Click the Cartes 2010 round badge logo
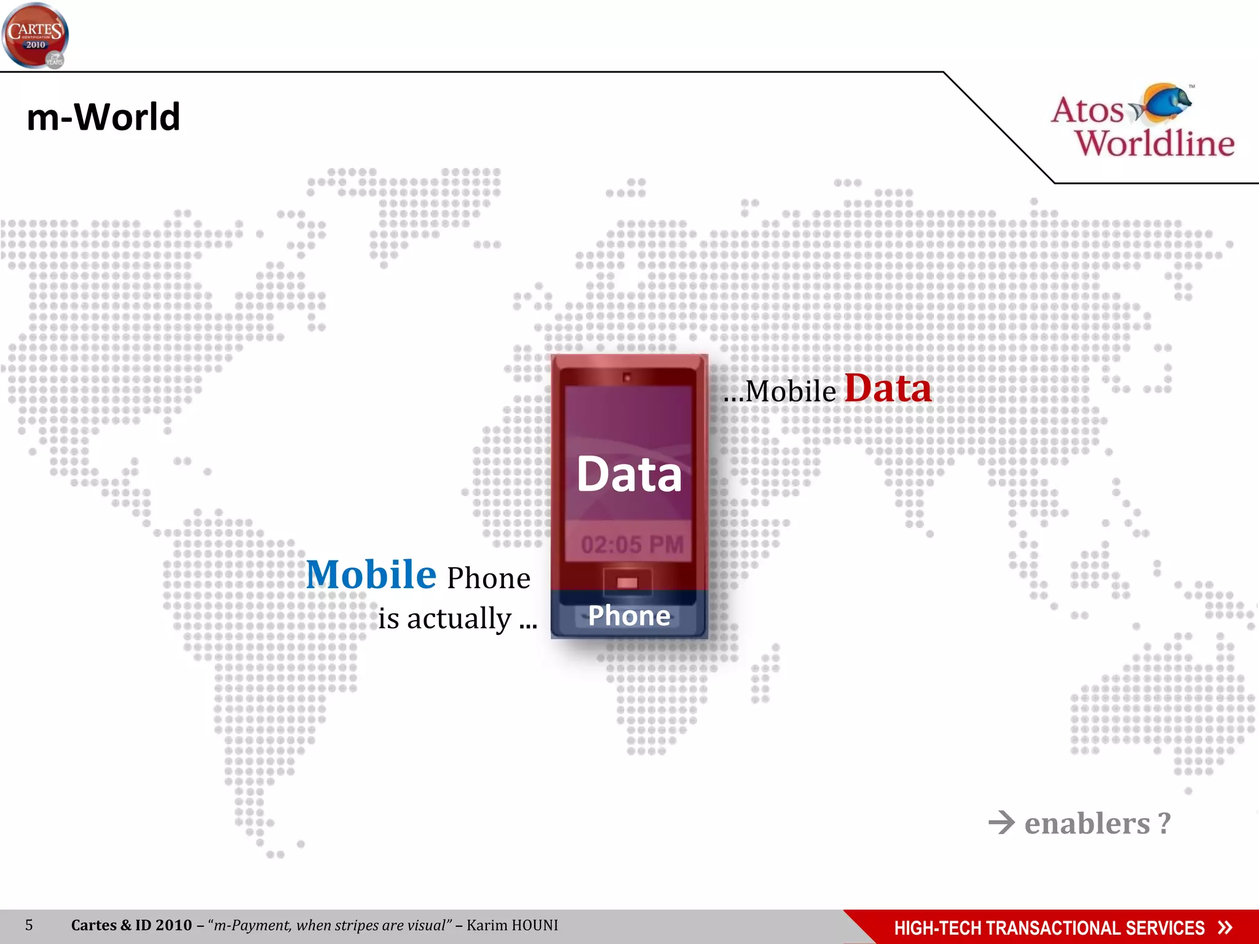[x=35, y=36]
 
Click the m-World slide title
[x=103, y=117]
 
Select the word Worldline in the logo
[x=1154, y=144]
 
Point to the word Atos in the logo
[x=1087, y=111]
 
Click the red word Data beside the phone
[x=888, y=388]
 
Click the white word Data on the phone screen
[x=629, y=474]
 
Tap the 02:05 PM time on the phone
[x=632, y=545]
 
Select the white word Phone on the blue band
[x=629, y=616]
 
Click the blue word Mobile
[x=371, y=575]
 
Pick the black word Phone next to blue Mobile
[x=488, y=578]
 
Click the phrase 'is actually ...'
[x=457, y=618]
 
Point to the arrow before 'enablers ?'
[x=1001, y=822]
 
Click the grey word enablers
[x=1087, y=824]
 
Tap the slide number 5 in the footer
[x=29, y=925]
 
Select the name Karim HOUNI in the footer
[x=512, y=925]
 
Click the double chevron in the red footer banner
[x=1225, y=927]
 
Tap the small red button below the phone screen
[x=627, y=582]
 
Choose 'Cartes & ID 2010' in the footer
[x=132, y=925]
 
